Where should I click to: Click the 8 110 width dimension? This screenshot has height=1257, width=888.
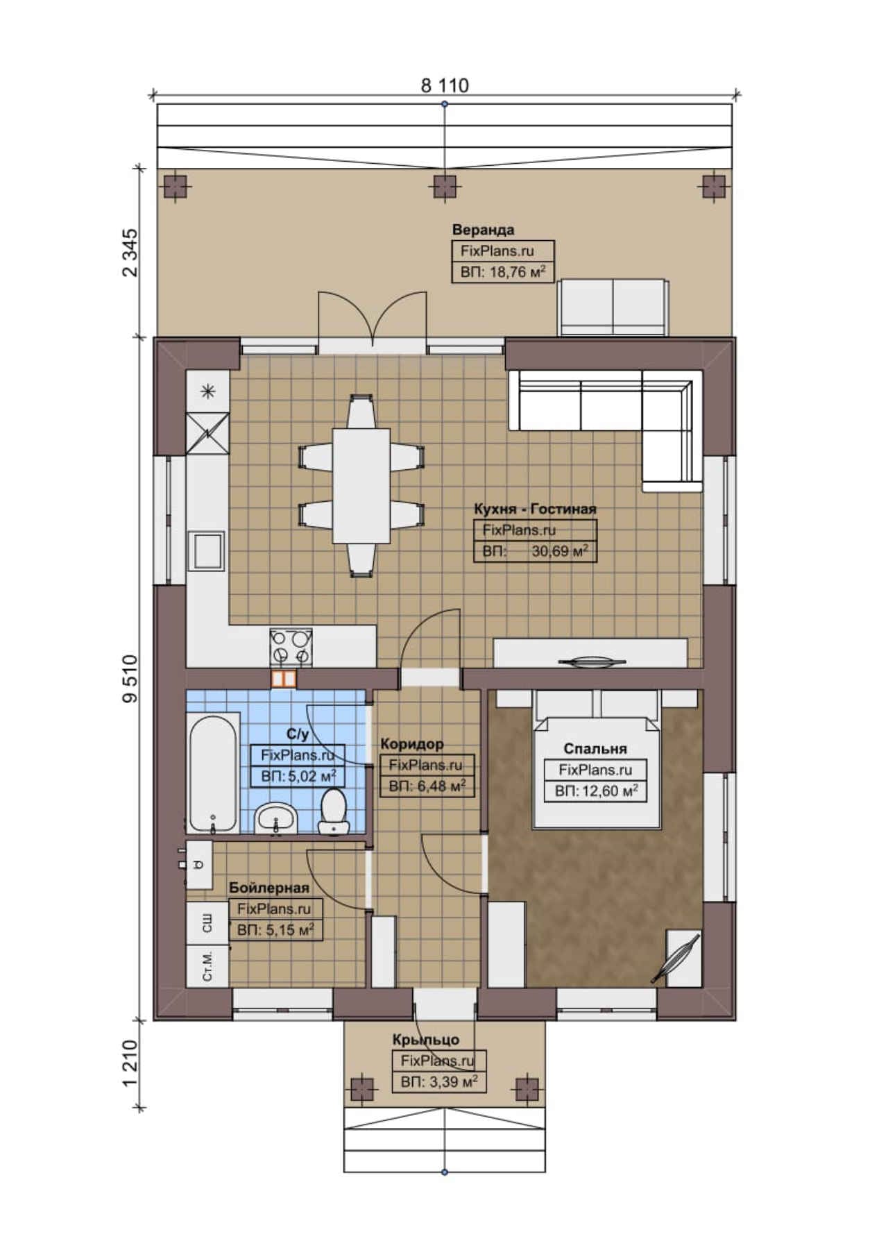(x=445, y=85)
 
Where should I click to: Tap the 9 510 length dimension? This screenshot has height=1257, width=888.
(x=130, y=679)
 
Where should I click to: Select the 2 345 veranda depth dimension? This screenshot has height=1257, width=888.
(x=130, y=253)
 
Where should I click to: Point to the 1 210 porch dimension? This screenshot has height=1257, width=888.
(x=130, y=1064)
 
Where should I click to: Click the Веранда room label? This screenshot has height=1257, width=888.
(x=484, y=230)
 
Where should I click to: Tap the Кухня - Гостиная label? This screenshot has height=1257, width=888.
(x=535, y=509)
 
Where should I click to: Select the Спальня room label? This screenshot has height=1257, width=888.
(x=595, y=749)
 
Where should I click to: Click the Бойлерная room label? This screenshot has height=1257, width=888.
(x=269, y=888)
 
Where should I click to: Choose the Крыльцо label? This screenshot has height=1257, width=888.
(x=426, y=1040)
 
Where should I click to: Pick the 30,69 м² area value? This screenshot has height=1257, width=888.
(x=560, y=551)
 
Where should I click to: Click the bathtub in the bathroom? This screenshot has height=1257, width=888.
(x=214, y=773)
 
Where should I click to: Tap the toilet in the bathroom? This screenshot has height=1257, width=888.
(x=334, y=811)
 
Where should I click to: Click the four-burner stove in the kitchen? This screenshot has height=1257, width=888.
(x=291, y=647)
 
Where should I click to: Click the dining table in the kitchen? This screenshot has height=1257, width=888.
(x=361, y=486)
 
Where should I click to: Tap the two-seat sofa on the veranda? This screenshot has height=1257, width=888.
(x=613, y=307)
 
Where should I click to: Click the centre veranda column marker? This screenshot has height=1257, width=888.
(x=445, y=186)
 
